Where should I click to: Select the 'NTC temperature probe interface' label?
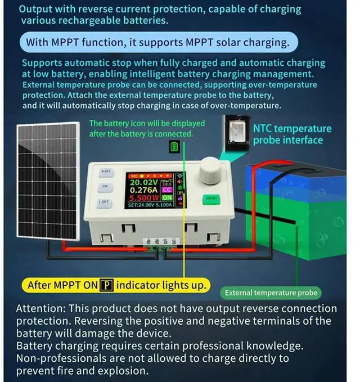[292, 134]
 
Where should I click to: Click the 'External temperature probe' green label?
[271, 293]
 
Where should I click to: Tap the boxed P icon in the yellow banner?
[106, 285]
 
